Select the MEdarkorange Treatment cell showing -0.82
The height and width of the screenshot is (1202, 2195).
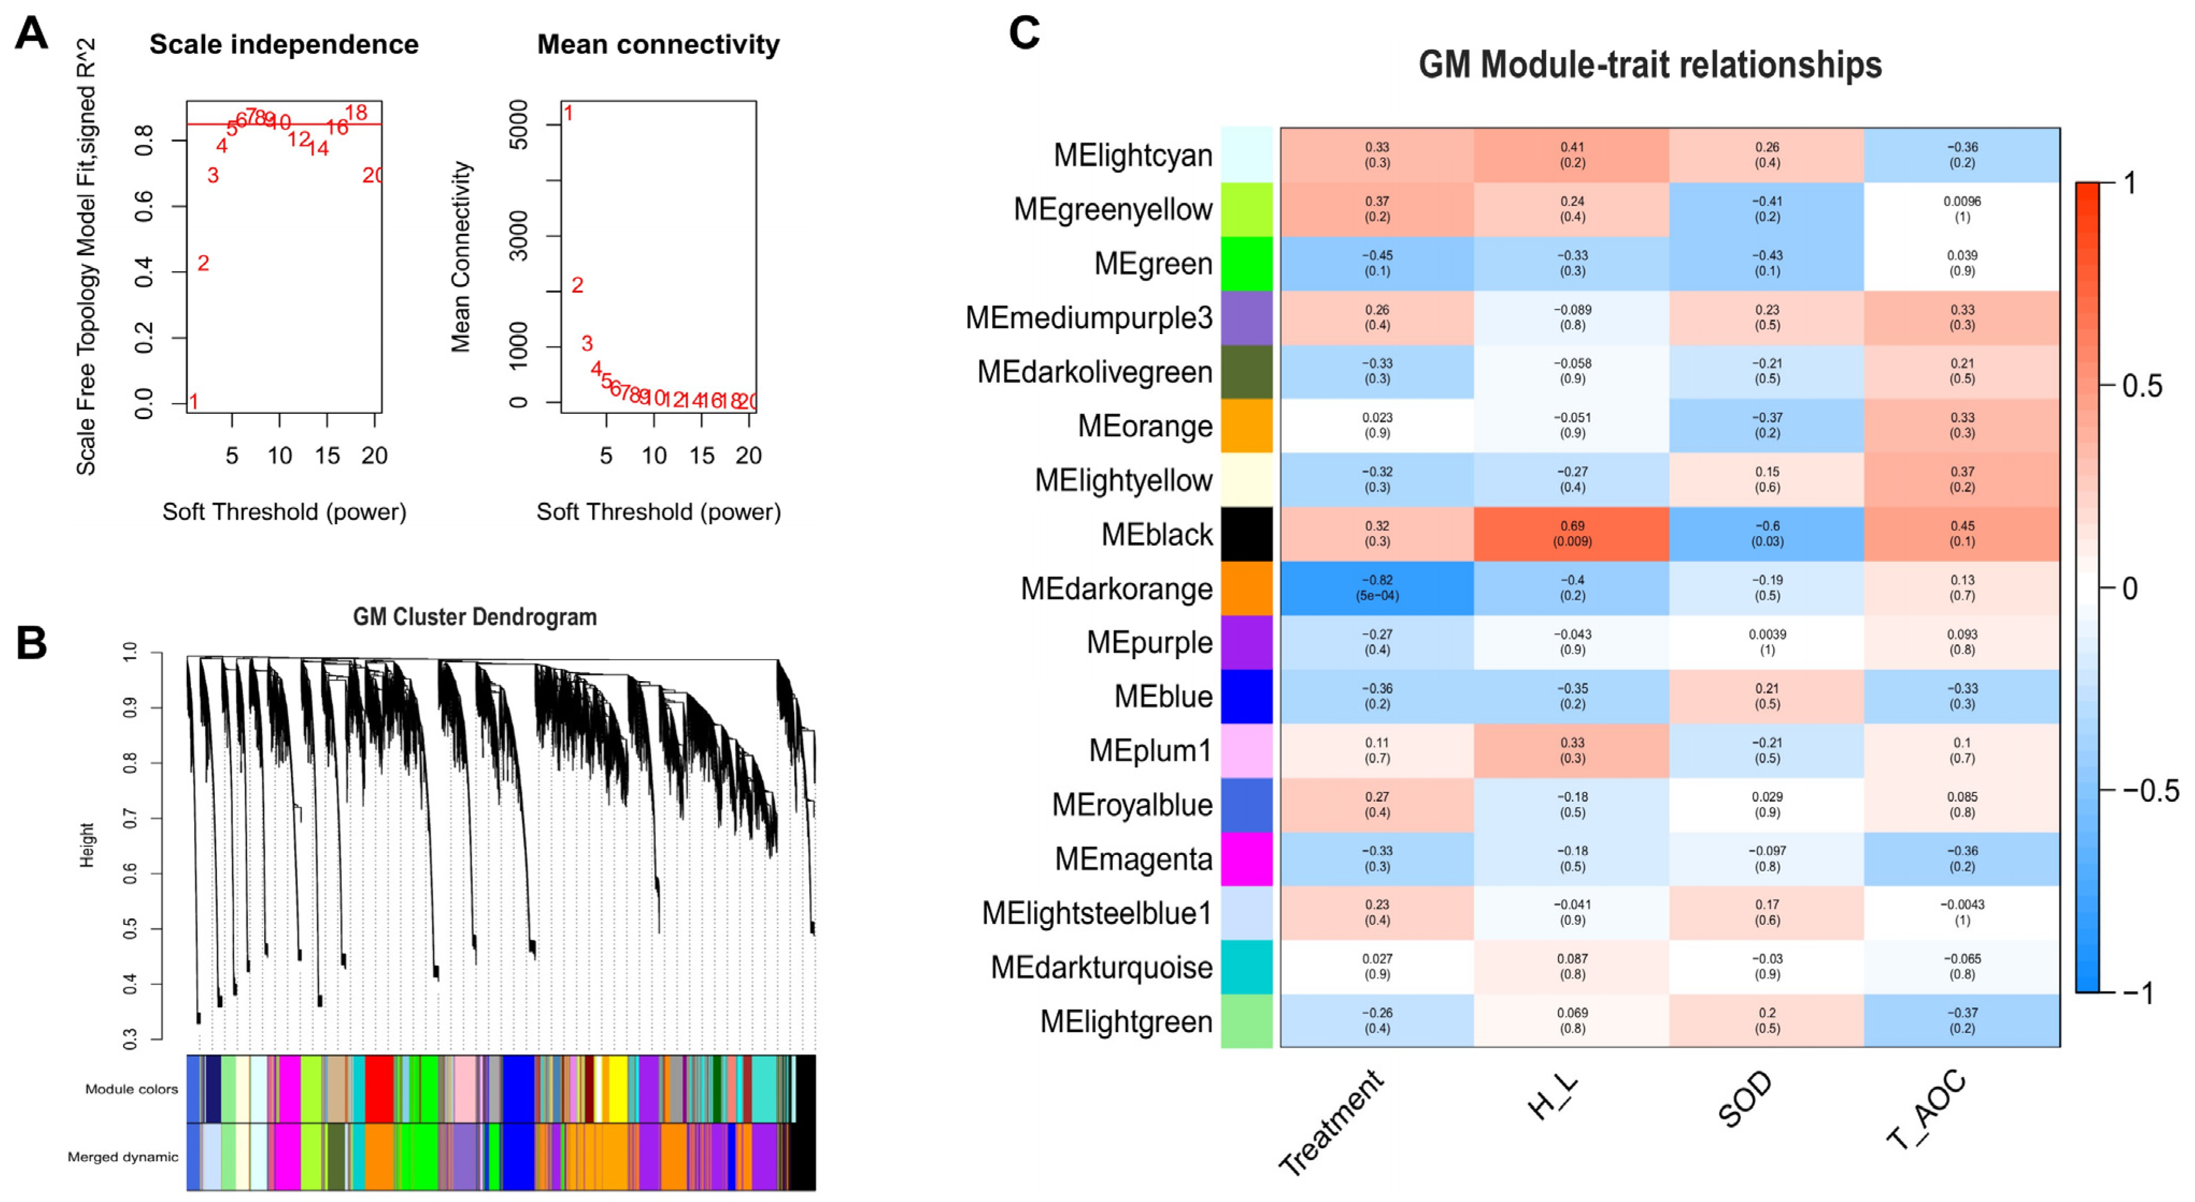click(1377, 588)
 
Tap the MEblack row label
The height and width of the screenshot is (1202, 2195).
click(1156, 535)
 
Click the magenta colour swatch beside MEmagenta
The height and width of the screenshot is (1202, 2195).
click(1247, 859)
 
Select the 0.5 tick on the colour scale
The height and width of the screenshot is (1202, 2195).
click(2141, 386)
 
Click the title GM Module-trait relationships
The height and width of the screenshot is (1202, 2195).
click(1650, 65)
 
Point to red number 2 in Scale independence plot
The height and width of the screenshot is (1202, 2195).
click(203, 263)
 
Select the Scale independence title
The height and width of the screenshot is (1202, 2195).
click(284, 44)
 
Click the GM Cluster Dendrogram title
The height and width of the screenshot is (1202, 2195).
click(475, 617)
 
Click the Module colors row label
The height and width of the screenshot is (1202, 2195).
click(131, 1088)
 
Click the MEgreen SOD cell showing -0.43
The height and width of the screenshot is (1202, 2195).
click(1767, 263)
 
